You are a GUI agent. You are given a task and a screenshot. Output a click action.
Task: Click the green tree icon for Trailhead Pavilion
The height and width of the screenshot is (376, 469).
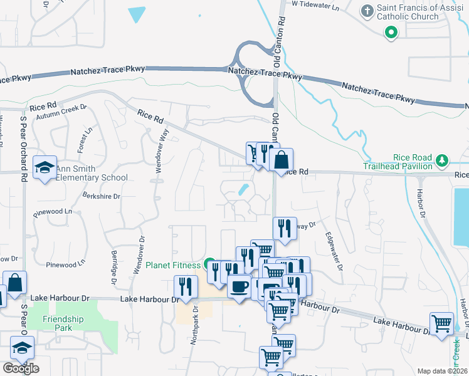pos(442,161)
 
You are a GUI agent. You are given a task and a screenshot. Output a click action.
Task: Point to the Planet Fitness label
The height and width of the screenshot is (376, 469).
pos(174,265)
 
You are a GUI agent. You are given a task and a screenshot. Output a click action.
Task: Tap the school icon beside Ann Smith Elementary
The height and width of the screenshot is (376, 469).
pos(45,167)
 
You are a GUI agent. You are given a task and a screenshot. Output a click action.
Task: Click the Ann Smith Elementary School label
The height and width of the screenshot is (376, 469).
pos(91,173)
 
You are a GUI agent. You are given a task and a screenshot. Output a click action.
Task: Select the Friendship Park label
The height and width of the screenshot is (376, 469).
pos(63,323)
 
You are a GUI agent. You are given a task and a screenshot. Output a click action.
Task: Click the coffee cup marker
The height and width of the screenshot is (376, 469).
pos(239,286)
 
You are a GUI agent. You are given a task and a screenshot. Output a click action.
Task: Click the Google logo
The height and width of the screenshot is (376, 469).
pos(21,368)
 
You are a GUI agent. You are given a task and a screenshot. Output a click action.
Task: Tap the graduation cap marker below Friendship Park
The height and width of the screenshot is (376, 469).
pos(23,347)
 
